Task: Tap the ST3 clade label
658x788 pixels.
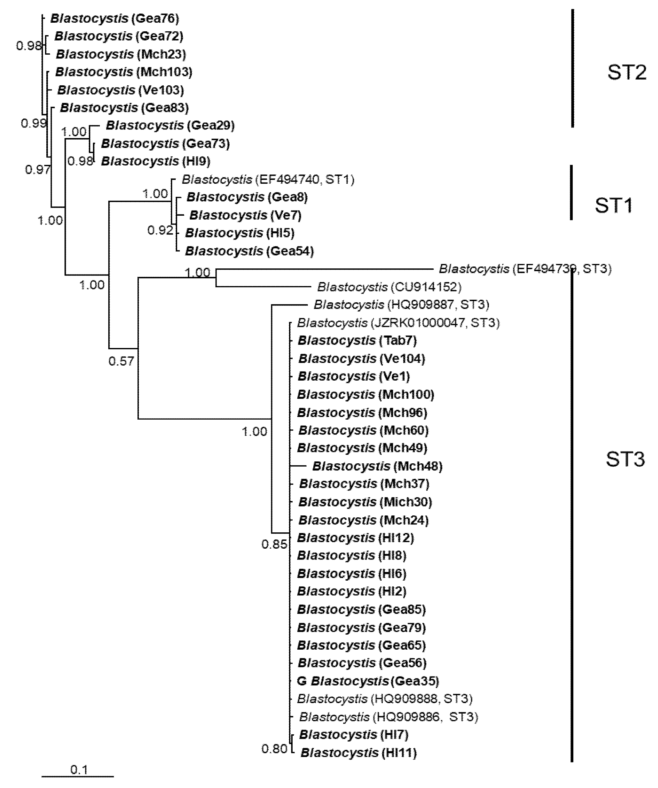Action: (625, 459)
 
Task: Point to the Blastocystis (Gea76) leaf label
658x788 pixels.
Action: (114, 19)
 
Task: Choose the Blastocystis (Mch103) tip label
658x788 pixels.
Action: (123, 72)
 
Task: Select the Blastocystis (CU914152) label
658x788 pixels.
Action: (389, 287)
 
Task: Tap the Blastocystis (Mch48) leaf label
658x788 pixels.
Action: (377, 466)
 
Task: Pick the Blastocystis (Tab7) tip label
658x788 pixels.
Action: (357, 340)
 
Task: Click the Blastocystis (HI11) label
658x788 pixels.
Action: (358, 752)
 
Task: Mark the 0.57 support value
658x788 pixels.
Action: (121, 361)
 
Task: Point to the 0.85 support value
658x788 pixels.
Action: (274, 544)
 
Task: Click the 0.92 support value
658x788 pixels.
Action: (160, 230)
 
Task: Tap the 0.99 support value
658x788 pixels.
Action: (33, 123)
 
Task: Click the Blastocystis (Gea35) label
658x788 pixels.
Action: (368, 681)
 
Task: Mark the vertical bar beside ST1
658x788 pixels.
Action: (571, 192)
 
